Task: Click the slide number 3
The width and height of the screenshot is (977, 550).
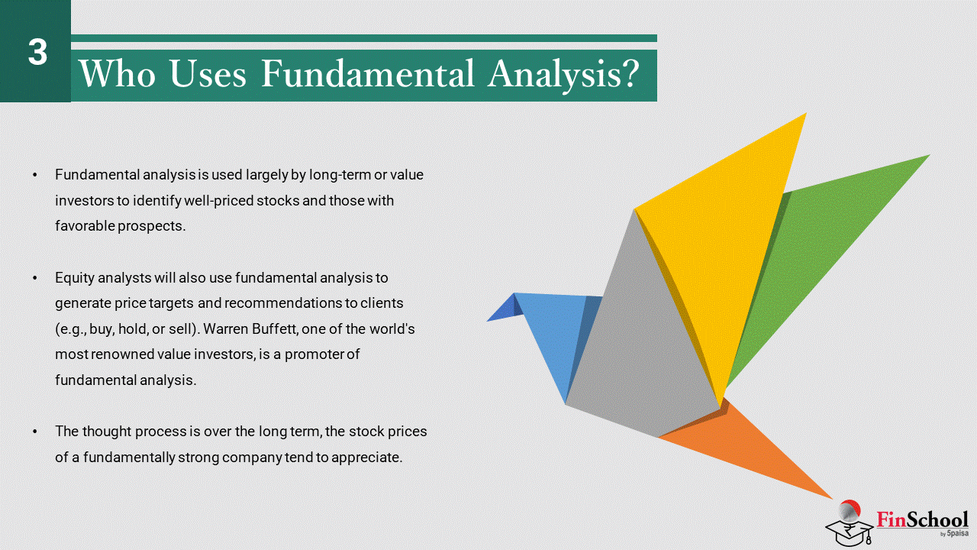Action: click(37, 53)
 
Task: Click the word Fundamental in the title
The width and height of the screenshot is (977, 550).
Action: click(368, 73)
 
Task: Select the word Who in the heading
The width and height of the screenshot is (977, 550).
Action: click(118, 73)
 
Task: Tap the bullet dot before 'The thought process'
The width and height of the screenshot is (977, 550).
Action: click(35, 432)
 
